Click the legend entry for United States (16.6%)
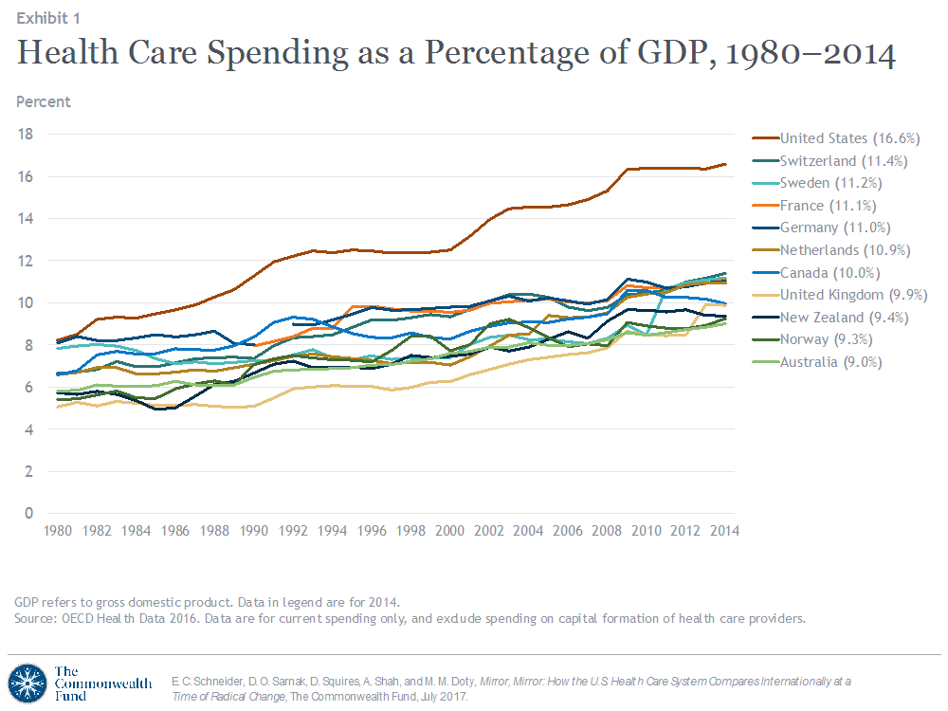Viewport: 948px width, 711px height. click(x=849, y=138)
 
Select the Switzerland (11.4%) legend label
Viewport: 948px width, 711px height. click(x=845, y=161)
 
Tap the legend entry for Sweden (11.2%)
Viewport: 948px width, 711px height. click(x=835, y=183)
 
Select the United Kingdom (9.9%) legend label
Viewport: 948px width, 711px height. click(x=852, y=295)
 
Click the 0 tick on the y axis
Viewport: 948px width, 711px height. click(x=29, y=514)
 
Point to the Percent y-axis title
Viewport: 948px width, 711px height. click(x=43, y=101)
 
